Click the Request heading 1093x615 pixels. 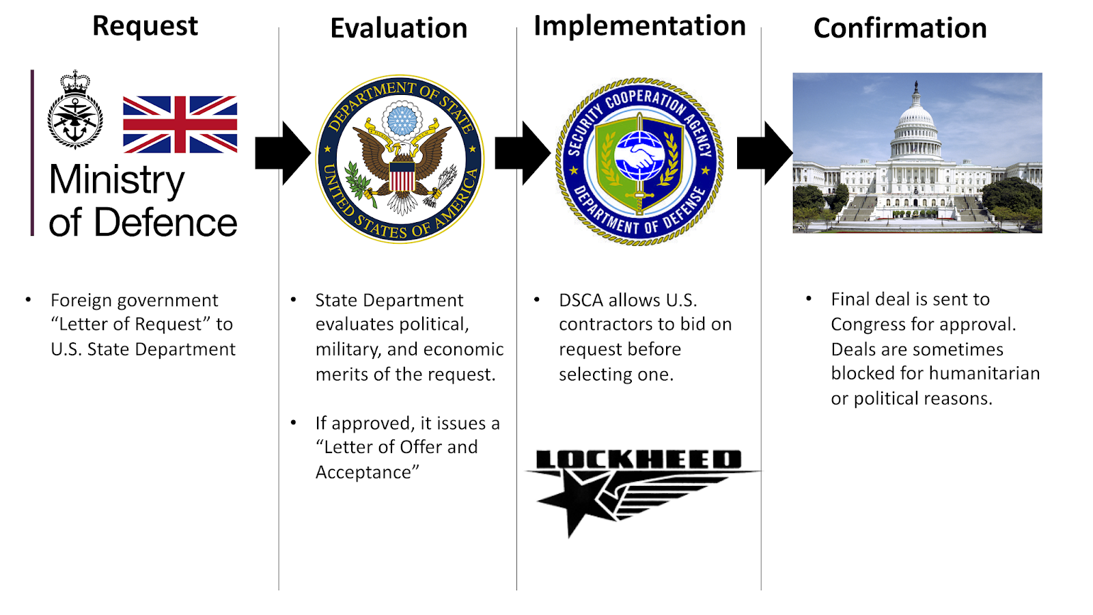(x=145, y=26)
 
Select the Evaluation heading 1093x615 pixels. (x=399, y=28)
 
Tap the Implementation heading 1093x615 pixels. (x=639, y=26)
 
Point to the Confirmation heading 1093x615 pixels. (x=900, y=28)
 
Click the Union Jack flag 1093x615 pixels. (x=180, y=124)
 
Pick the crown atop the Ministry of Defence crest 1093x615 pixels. (x=75, y=83)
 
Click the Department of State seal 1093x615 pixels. (x=400, y=159)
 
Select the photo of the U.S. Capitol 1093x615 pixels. (x=917, y=153)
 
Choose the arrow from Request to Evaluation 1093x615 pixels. (x=283, y=153)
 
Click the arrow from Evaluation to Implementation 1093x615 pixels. (x=523, y=153)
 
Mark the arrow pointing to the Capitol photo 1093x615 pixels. (x=764, y=153)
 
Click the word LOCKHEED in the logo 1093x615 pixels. (x=638, y=459)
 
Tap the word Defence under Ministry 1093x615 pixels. (x=165, y=223)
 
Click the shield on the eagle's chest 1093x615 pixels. (x=402, y=176)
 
